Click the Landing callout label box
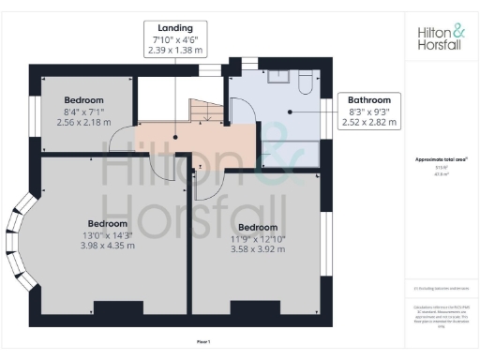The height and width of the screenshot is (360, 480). pos(175,37)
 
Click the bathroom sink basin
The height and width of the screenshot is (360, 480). pos(278,80)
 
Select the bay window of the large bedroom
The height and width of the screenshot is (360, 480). pos(21,238)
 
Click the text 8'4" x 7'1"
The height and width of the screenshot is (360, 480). pos(83,112)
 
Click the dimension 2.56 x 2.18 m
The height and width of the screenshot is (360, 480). pos(83,123)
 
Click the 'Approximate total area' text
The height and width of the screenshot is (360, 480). pos(441,159)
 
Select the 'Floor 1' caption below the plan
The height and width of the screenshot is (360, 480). pos(202,340)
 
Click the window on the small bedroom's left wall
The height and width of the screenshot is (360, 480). pos(31,111)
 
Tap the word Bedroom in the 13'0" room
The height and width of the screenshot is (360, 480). pos(106,224)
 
